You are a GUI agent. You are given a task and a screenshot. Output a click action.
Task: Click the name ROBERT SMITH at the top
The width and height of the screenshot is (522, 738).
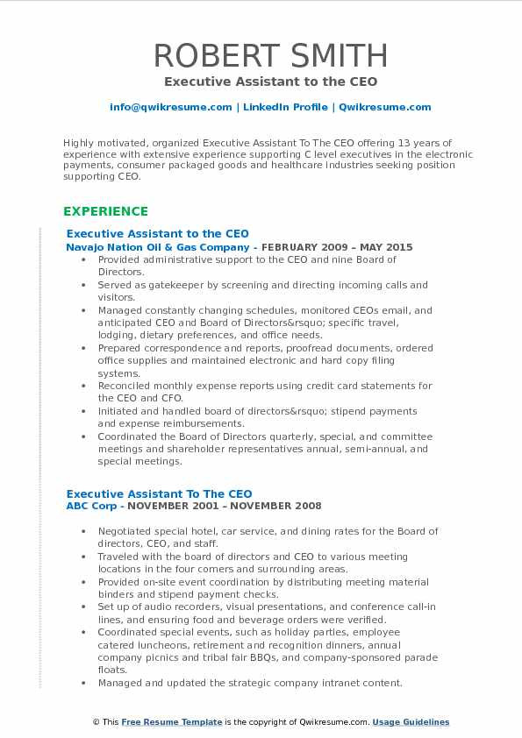tap(270, 55)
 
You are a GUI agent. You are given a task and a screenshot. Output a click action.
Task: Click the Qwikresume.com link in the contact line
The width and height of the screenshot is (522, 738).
tap(384, 107)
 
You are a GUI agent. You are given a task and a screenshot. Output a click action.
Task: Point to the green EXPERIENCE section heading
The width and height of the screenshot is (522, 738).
tap(105, 211)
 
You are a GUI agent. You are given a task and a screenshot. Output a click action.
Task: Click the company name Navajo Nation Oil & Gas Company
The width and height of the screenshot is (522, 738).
tap(161, 247)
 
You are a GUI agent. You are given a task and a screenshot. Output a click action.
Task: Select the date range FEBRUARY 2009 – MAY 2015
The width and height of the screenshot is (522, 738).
tap(337, 247)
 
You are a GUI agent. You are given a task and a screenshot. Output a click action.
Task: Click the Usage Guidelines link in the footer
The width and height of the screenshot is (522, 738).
tap(411, 722)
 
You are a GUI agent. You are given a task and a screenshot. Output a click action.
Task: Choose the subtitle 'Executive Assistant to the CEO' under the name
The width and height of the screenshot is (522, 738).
tap(270, 82)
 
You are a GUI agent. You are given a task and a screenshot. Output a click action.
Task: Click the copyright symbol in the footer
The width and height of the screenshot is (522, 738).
tap(97, 722)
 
